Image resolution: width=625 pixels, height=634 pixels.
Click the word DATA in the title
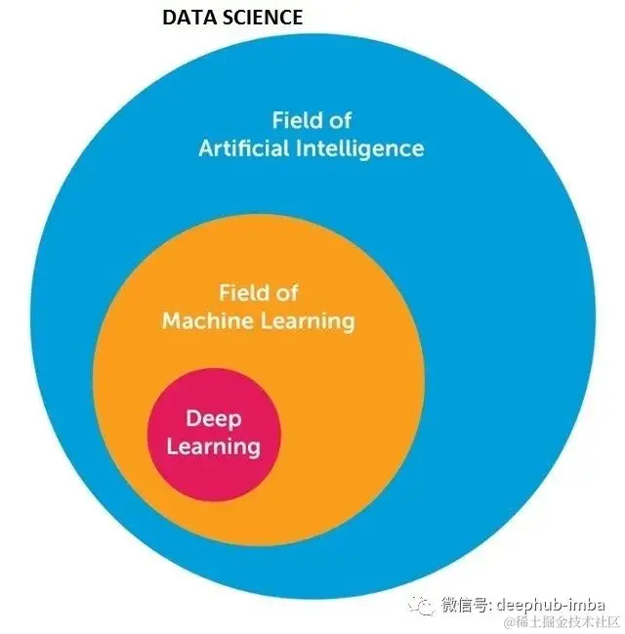[183, 18]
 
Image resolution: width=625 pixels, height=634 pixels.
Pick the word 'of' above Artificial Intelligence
[339, 121]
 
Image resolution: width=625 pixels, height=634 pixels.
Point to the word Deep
[213, 418]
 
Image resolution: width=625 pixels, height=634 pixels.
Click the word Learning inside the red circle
[213, 447]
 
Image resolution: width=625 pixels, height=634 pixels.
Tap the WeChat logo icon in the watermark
[424, 606]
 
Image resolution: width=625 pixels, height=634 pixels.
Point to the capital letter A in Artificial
[207, 148]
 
